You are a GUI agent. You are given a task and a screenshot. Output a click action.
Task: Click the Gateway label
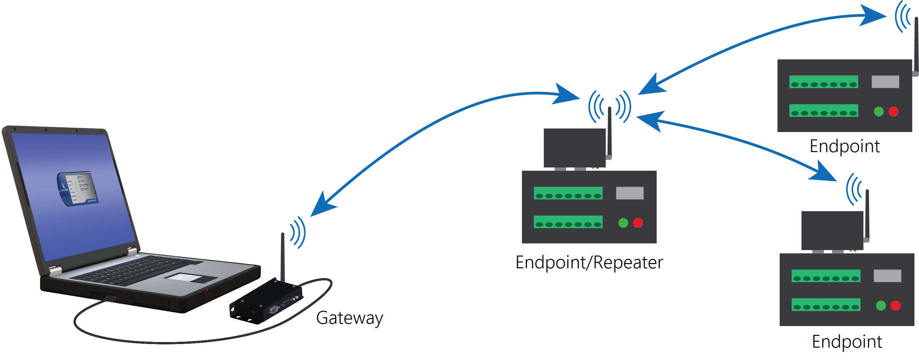349,318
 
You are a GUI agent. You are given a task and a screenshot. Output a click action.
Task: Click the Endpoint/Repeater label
589,263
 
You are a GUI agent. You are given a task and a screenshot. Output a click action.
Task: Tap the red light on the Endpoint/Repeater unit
638,223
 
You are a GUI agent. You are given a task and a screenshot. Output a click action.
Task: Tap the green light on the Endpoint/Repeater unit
623,223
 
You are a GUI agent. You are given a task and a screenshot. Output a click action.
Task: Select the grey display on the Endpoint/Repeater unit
630,193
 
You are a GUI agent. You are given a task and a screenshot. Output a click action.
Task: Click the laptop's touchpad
191,277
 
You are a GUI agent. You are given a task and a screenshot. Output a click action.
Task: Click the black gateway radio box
266,302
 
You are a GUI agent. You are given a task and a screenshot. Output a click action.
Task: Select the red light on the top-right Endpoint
893,112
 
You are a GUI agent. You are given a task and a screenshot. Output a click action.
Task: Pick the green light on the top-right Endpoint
879,112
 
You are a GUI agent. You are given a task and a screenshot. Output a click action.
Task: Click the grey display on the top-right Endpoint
885,82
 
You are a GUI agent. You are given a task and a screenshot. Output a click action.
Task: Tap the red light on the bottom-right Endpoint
895,305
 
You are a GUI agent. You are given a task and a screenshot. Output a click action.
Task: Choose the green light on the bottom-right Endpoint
881,305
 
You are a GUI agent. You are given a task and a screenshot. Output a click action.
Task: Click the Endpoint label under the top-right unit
845,146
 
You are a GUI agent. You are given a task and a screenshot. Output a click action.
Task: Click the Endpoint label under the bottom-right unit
847,342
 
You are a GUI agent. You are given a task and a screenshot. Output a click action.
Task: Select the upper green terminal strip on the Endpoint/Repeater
568,193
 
